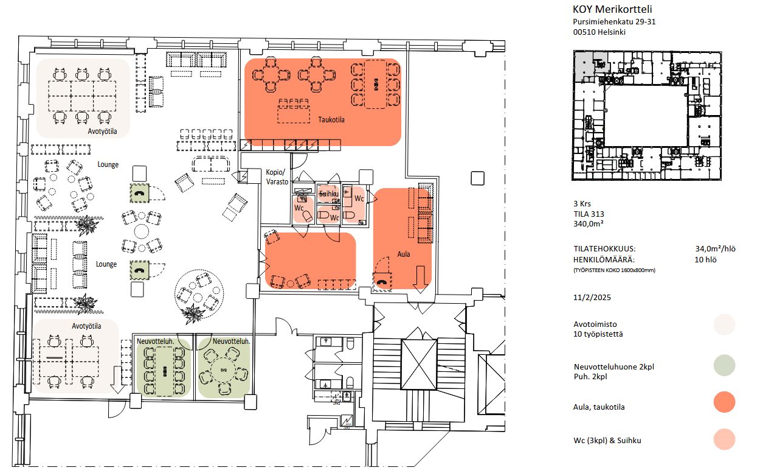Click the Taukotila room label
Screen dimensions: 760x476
tap(331, 119)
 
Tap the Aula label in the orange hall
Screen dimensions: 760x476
tap(404, 254)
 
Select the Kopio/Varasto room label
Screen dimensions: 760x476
tap(277, 177)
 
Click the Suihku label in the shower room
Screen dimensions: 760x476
tap(329, 194)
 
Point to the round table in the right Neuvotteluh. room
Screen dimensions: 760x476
tap(223, 370)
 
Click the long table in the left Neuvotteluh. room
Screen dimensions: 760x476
tap(165, 371)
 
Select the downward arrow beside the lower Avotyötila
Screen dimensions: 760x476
tap(117, 380)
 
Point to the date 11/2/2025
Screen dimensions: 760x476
tap(592, 298)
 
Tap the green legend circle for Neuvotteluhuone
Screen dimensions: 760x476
tap(724, 365)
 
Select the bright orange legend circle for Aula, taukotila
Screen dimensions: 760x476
tap(724, 402)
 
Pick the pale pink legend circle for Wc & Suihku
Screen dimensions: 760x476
tap(724, 439)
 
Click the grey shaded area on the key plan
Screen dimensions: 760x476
tap(584, 65)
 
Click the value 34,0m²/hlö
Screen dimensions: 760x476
tap(715, 249)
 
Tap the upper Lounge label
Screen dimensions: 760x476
tap(108, 164)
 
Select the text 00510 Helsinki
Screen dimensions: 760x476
tap(599, 32)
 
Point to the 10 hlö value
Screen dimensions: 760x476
tap(705, 260)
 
